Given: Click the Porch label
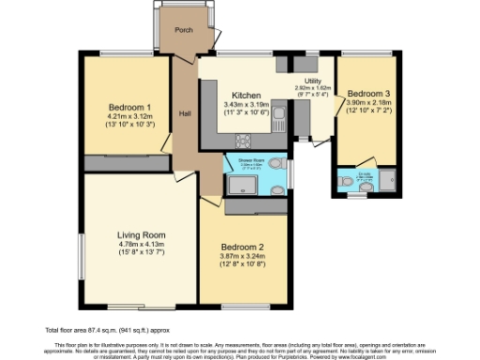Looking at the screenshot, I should [x=183, y=29].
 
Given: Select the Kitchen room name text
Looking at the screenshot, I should [x=246, y=96].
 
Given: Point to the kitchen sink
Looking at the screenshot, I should [x=281, y=66].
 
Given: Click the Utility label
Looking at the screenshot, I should [x=313, y=82].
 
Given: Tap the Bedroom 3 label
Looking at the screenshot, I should [x=365, y=95].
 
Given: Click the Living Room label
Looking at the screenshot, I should [x=141, y=234].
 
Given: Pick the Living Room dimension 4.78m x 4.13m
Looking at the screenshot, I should [x=141, y=244].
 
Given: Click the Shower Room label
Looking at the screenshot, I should [x=251, y=161].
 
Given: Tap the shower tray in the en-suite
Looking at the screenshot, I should [x=384, y=180].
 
